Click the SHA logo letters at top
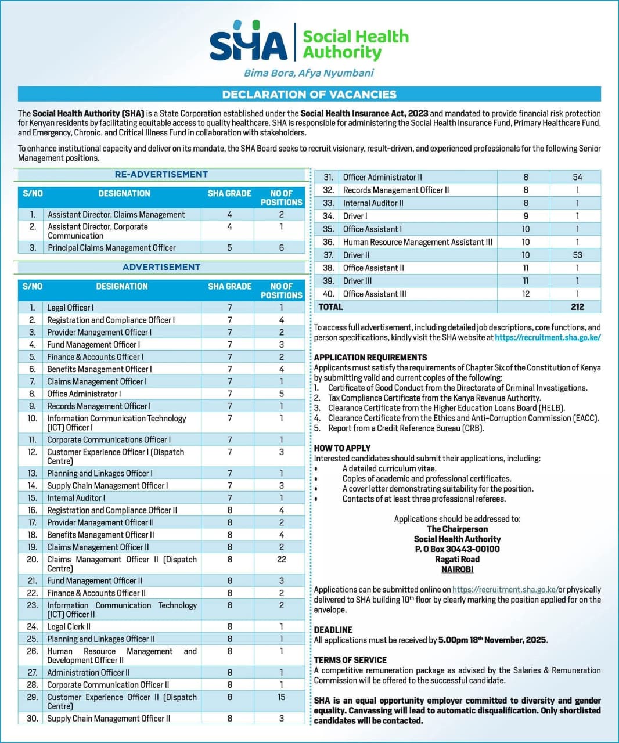[x=249, y=44]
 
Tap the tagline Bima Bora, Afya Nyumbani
[x=308, y=73]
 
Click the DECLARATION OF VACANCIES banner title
[x=309, y=94]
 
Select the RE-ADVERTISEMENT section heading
[x=161, y=175]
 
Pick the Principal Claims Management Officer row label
[x=111, y=248]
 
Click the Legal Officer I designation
[x=70, y=308]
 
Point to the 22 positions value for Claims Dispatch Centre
[x=282, y=560]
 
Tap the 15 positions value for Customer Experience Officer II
[x=282, y=697]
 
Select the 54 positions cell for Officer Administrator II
[x=577, y=177]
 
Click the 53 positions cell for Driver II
[x=577, y=255]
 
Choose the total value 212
[x=577, y=307]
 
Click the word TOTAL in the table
[x=330, y=307]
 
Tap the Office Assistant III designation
[x=375, y=294]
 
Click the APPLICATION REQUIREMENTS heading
[x=370, y=358]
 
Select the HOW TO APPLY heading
[x=342, y=448]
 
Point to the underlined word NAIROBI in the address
[x=457, y=569]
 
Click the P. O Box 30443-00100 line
[x=457, y=549]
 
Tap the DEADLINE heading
[x=333, y=630]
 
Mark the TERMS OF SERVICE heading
[x=350, y=660]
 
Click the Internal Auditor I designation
[x=76, y=498]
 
